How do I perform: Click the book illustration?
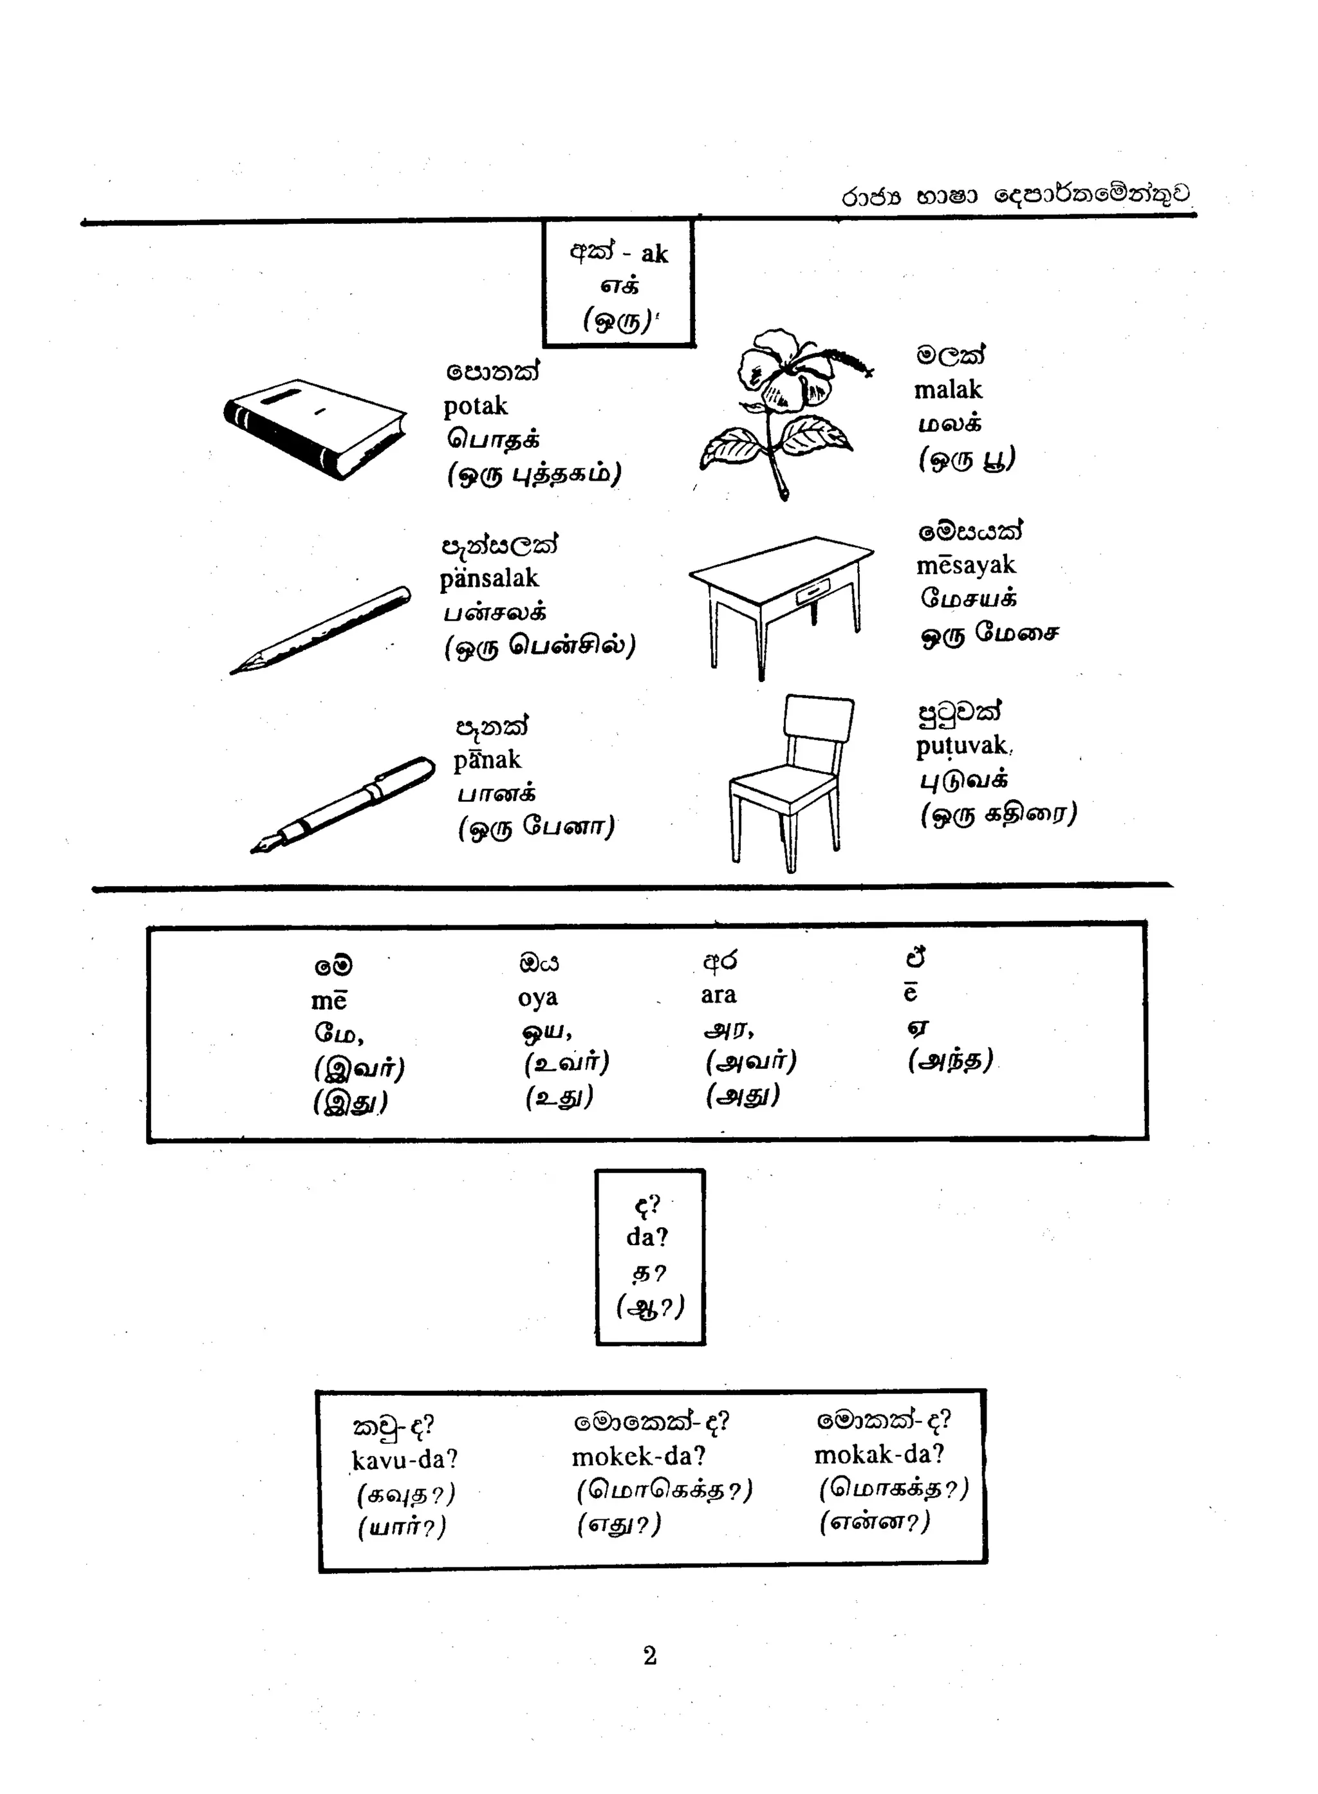tap(315, 429)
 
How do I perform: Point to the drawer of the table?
tap(812, 592)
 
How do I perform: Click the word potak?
tap(476, 406)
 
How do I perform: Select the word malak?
tap(948, 390)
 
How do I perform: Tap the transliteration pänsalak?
tap(489, 578)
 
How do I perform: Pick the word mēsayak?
tap(965, 566)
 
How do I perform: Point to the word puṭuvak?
tap(961, 746)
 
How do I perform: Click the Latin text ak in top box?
tap(654, 254)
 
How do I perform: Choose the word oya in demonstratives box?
tap(538, 998)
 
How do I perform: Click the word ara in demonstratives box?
tap(718, 995)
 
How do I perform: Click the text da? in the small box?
tap(647, 1237)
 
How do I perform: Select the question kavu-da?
tap(405, 1460)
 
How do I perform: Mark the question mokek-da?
tap(638, 1457)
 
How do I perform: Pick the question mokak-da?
tap(878, 1455)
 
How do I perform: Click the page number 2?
tap(649, 1656)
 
